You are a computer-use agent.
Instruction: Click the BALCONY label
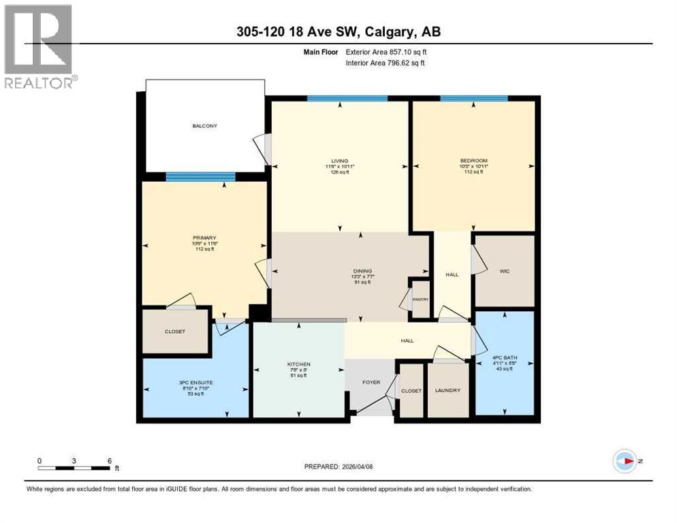coord(204,126)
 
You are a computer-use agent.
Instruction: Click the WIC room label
coord(504,271)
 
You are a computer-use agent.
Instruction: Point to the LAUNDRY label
coord(448,390)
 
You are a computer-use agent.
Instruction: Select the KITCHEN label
coord(298,365)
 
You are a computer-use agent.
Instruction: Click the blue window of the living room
coord(347,99)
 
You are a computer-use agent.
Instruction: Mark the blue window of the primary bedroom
coord(200,177)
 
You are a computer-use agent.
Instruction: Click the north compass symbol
coord(625,461)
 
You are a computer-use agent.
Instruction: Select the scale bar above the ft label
coord(74,468)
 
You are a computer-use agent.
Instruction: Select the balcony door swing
coord(262,146)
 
